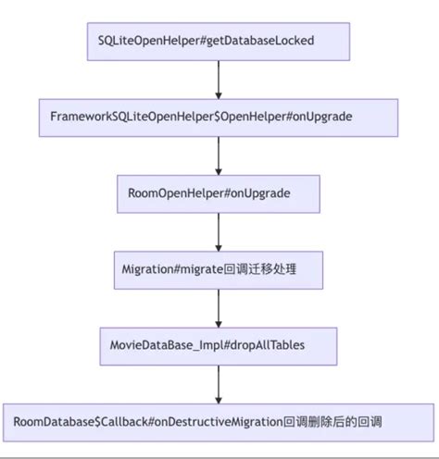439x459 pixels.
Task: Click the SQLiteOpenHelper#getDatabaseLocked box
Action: (x=218, y=42)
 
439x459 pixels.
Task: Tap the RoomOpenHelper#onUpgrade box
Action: (x=218, y=193)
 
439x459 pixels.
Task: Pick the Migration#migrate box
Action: (x=219, y=269)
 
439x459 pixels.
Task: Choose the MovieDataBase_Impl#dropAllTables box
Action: (x=219, y=345)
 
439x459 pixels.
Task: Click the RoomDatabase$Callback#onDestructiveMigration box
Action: (x=219, y=422)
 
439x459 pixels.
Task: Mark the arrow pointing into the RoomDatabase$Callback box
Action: (x=219, y=383)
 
